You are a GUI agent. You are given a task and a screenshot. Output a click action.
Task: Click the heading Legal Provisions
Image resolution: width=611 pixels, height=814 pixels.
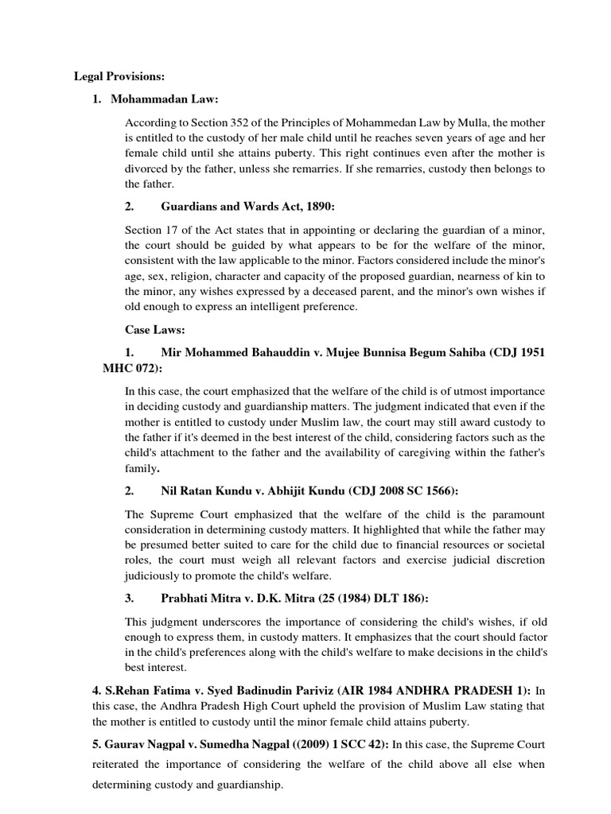119,76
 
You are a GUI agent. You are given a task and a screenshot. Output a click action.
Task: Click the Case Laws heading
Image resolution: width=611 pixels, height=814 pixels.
156,328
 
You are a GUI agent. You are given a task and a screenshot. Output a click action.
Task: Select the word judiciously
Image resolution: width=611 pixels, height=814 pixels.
156,575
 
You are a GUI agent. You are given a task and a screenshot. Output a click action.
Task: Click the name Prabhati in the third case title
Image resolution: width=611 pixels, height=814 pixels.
185,598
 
